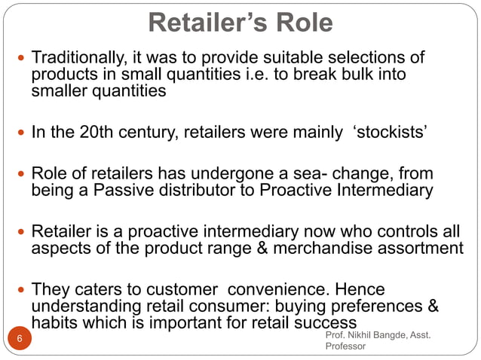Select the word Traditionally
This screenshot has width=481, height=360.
coord(80,58)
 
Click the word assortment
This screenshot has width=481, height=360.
coord(421,248)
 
